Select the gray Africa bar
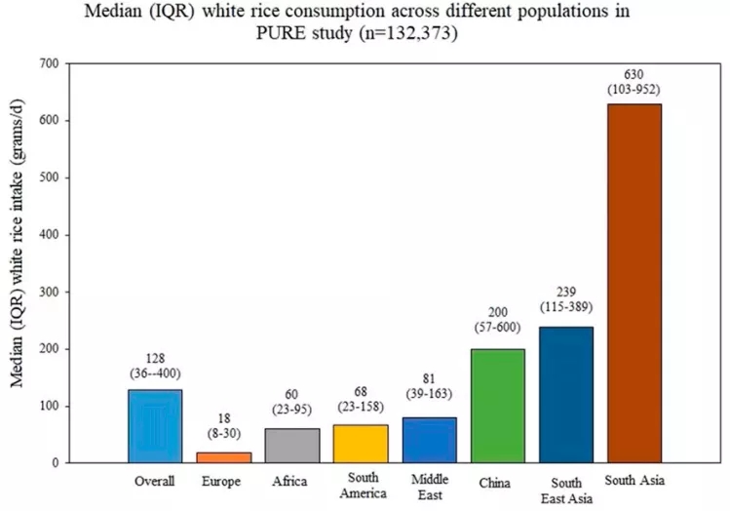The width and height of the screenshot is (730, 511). (291, 446)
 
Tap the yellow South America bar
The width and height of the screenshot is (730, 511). (361, 444)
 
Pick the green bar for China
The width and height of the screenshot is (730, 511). (497, 406)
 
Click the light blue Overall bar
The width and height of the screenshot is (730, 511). (155, 426)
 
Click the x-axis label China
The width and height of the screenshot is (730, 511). (497, 481)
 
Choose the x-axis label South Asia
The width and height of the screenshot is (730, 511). (634, 480)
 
